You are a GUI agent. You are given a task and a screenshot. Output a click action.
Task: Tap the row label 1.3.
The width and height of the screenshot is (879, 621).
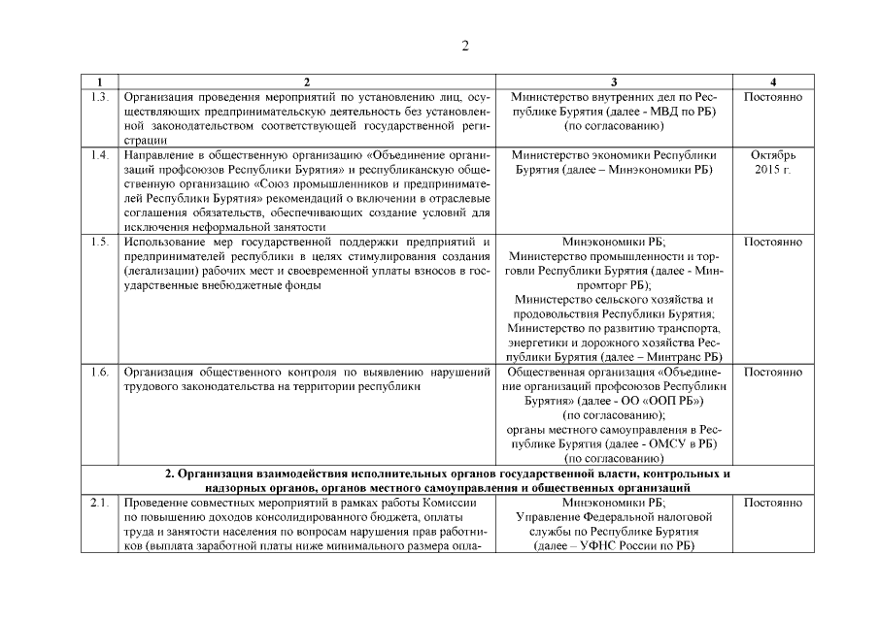coord(99,98)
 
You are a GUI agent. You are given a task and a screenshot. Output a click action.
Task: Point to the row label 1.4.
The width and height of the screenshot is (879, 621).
coord(99,155)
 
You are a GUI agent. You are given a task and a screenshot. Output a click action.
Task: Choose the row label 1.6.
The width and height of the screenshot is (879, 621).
coord(99,372)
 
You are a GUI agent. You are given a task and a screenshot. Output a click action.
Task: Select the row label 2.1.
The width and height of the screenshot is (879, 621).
coord(99,502)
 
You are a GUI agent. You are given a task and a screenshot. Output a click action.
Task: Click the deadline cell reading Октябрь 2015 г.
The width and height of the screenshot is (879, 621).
coord(772,163)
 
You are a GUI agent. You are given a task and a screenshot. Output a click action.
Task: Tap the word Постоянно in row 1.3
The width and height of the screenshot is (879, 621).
coord(772,98)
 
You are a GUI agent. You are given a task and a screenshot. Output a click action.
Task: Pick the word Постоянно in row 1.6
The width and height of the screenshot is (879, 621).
coord(772,372)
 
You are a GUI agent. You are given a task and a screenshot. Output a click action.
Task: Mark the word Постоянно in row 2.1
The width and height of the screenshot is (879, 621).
coord(772,502)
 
